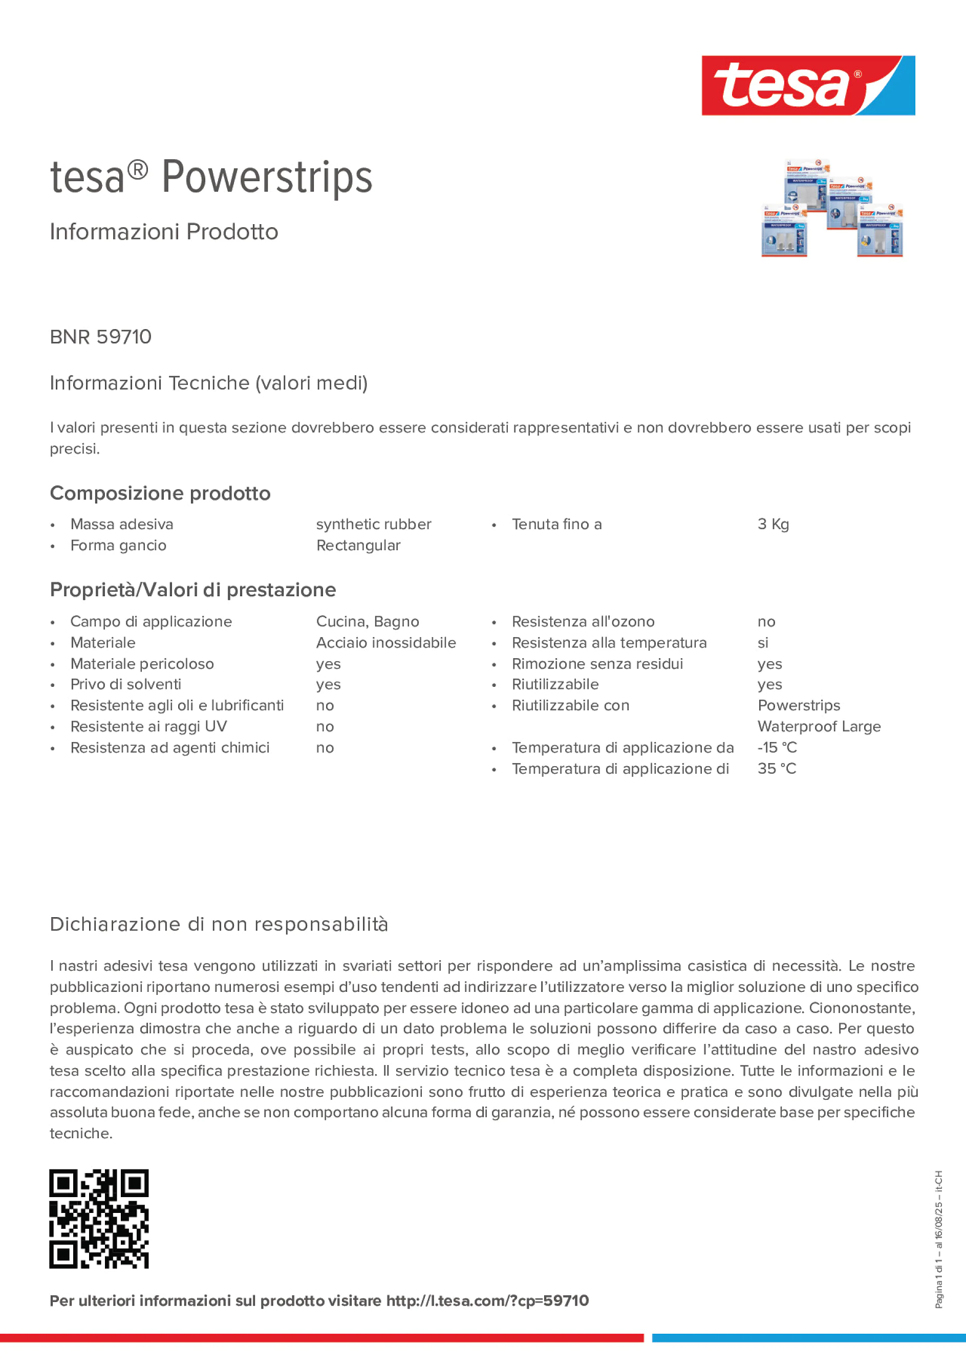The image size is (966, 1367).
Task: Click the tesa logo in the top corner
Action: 808,86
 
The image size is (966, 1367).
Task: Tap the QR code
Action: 99,1219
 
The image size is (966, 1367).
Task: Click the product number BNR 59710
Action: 101,337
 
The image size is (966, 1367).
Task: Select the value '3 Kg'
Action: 773,524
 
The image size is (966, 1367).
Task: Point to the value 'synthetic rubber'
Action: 373,524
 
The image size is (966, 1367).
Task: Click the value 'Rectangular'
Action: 358,546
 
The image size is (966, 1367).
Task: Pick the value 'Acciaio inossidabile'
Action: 386,642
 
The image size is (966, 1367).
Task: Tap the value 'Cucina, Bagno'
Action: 368,622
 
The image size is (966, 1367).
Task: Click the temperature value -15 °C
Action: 777,747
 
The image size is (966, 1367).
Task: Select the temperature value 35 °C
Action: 777,769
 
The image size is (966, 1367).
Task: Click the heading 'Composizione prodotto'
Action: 160,493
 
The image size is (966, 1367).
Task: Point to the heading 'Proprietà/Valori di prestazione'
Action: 193,590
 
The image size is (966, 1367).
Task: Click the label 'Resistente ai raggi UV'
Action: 148,726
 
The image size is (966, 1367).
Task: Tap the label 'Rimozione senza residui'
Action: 597,664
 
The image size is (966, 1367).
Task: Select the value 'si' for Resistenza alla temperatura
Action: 763,643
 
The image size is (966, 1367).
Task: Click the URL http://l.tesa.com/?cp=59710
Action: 487,1301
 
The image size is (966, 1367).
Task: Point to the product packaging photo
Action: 832,208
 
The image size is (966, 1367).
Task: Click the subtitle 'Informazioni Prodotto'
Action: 164,232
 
